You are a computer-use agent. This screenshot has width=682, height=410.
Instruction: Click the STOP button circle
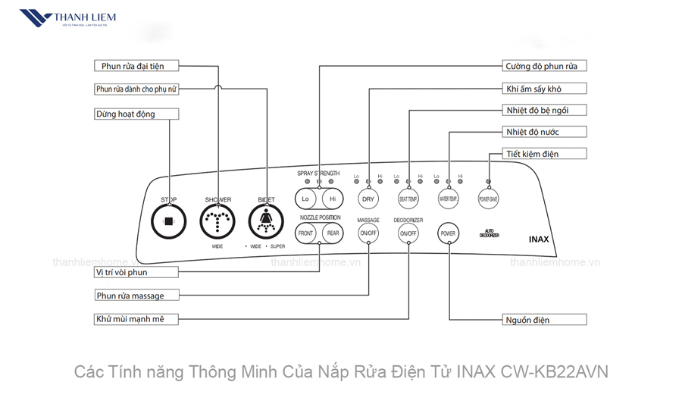click(x=168, y=221)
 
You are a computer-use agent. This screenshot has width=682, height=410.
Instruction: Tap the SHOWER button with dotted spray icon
click(x=217, y=221)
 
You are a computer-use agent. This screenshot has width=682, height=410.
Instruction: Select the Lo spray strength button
click(x=306, y=199)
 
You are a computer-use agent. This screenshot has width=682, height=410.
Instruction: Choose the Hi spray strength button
click(x=332, y=199)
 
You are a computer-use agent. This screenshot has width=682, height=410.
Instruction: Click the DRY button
click(x=368, y=199)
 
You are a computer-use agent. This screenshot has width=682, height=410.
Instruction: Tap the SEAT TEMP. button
click(x=408, y=199)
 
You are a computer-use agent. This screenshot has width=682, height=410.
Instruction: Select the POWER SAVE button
click(x=488, y=199)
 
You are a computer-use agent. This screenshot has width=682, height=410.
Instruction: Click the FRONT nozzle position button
click(x=306, y=233)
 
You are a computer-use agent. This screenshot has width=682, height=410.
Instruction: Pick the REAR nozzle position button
click(x=332, y=233)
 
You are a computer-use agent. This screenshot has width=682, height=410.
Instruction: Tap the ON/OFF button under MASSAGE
click(x=368, y=233)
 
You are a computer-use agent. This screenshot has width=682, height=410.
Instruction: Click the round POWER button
click(x=449, y=233)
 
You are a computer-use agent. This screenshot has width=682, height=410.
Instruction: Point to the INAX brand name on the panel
click(x=539, y=239)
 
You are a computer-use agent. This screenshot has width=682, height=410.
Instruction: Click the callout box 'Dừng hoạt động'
click(x=136, y=114)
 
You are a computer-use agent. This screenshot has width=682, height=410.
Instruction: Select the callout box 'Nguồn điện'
click(x=545, y=320)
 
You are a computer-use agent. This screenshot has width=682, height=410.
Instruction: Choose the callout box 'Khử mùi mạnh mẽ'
click(x=136, y=320)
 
